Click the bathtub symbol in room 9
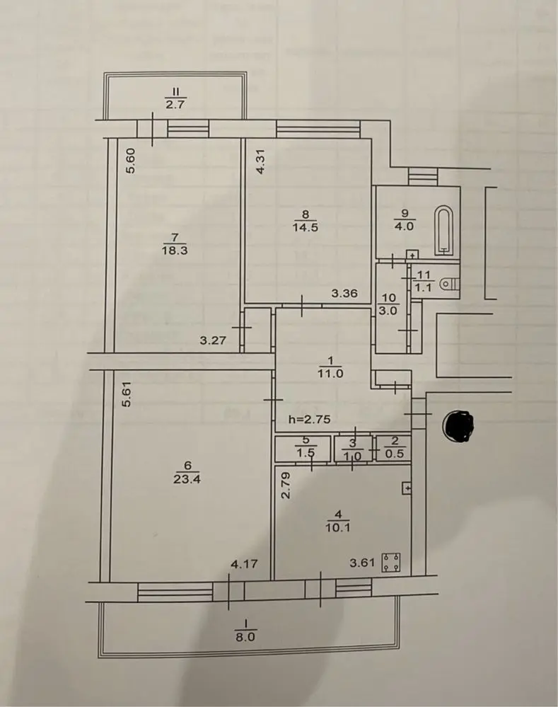(x=444, y=230)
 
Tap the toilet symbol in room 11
(x=449, y=284)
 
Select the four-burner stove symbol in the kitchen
(x=391, y=562)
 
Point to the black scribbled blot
(x=459, y=425)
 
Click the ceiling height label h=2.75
(x=309, y=419)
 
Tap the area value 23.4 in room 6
(x=187, y=479)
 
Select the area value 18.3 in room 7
(x=175, y=251)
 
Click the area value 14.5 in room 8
(x=305, y=226)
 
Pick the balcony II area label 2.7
(x=175, y=105)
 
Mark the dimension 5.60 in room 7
(x=130, y=161)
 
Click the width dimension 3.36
(x=344, y=294)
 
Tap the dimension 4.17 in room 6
(x=244, y=563)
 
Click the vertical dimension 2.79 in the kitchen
(x=286, y=485)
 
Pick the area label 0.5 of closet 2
(x=395, y=454)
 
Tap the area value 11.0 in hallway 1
(x=330, y=374)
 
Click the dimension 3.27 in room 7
(x=213, y=340)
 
